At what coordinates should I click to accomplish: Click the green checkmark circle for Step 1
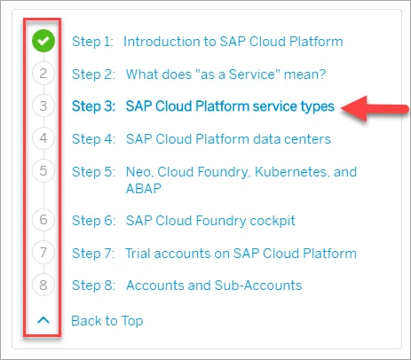tap(43, 41)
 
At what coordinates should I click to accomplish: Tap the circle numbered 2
tap(43, 74)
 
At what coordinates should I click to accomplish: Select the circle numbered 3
tap(43, 106)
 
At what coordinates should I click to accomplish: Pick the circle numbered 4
tap(43, 138)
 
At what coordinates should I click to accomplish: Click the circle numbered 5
tap(43, 171)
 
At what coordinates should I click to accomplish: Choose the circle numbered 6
tap(43, 220)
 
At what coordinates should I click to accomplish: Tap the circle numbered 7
tap(43, 253)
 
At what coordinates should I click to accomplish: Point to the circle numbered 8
tap(43, 285)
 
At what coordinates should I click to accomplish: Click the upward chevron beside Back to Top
tap(43, 320)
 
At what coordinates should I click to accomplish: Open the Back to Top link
tap(107, 321)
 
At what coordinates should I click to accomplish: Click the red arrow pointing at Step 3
tap(375, 109)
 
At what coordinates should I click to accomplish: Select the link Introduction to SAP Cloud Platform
tap(233, 42)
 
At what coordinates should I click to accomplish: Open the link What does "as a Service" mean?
tap(225, 74)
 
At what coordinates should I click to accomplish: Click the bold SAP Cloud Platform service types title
tap(230, 106)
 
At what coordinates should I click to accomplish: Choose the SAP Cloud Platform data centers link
tap(228, 139)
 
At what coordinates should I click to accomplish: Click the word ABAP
tap(144, 188)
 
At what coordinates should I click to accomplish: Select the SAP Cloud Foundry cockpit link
tap(210, 221)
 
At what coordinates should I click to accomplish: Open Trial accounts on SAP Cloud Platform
tap(241, 254)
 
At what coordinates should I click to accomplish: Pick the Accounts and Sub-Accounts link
tap(214, 286)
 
